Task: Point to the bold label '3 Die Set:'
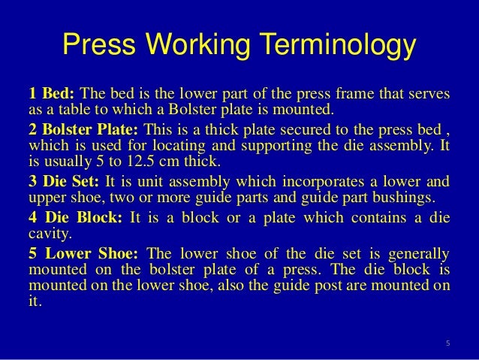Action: pyautogui.click(x=65, y=182)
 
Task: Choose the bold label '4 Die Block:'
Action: pyautogui.click(x=76, y=219)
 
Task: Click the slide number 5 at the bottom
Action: pyautogui.click(x=447, y=345)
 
